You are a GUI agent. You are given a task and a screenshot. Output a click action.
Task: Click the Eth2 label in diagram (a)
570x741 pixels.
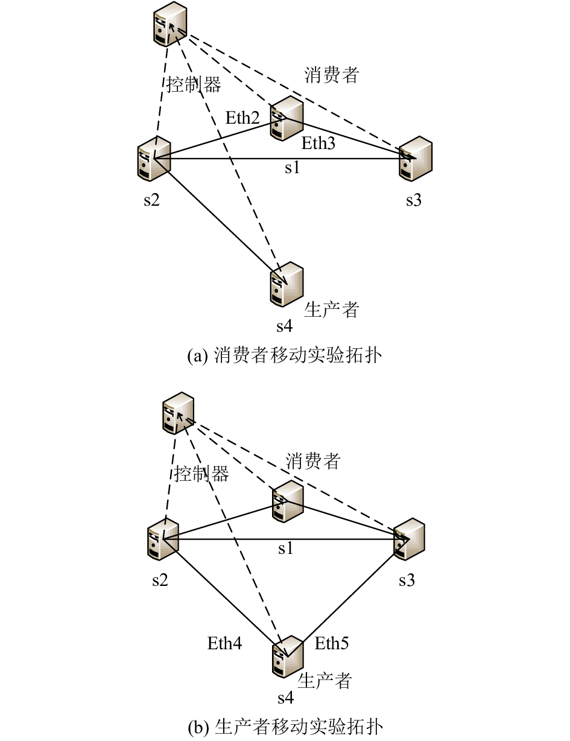pyautogui.click(x=242, y=118)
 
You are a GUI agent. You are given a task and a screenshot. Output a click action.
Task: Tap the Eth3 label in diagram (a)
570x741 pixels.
pyautogui.click(x=318, y=143)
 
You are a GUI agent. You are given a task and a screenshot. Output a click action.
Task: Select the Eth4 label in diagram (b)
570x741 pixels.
pyautogui.click(x=224, y=643)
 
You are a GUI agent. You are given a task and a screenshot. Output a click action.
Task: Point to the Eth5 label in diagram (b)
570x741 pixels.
pyautogui.click(x=332, y=643)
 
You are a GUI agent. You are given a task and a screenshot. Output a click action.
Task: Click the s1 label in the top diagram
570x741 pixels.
pyautogui.click(x=293, y=167)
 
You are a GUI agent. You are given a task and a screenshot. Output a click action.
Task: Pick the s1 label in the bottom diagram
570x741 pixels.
pyautogui.click(x=285, y=548)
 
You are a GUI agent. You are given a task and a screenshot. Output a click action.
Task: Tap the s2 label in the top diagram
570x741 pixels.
pyautogui.click(x=151, y=200)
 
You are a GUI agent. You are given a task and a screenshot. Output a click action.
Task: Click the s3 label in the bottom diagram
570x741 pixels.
pyautogui.click(x=407, y=580)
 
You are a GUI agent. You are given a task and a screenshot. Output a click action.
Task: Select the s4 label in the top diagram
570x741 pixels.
pyautogui.click(x=285, y=326)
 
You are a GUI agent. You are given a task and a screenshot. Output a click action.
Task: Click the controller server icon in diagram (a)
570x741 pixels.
pyautogui.click(x=170, y=24)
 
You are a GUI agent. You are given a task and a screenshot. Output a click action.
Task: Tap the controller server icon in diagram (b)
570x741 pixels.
pyautogui.click(x=178, y=413)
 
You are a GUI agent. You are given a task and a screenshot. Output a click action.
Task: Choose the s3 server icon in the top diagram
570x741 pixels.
pyautogui.click(x=416, y=159)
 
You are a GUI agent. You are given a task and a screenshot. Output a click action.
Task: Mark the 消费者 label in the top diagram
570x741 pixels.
pyautogui.click(x=331, y=75)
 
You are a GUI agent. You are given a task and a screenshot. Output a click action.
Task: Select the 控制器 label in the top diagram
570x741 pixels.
pyautogui.click(x=194, y=84)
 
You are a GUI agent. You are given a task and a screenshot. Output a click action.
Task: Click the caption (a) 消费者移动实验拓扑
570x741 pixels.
pyautogui.click(x=285, y=355)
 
